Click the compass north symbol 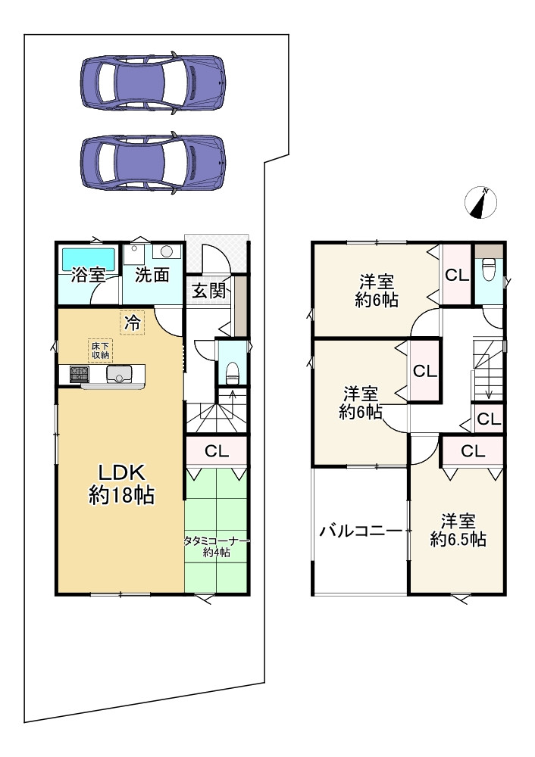click(481, 202)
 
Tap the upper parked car click(153, 83)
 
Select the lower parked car click(153, 162)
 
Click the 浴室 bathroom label click(88, 275)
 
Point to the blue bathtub click(87, 260)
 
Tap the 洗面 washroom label click(152, 275)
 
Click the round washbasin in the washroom click(167, 251)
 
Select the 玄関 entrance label click(209, 291)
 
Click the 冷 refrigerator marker click(133, 322)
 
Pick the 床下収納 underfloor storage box click(100, 350)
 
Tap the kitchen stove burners click(79, 374)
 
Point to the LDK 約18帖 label click(121, 483)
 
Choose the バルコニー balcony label click(361, 531)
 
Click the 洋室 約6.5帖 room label click(458, 530)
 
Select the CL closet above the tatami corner click(217, 451)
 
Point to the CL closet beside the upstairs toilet click(457, 276)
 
